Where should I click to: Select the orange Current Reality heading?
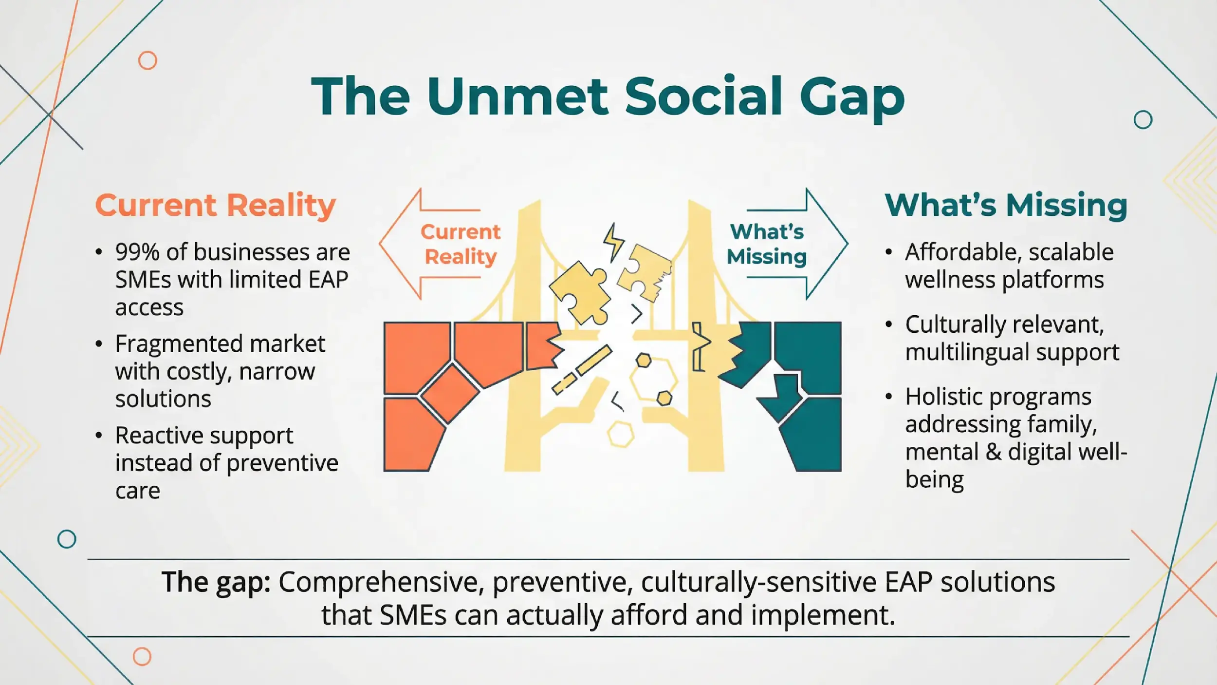pyautogui.click(x=215, y=205)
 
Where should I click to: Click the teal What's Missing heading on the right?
pyautogui.click(x=1006, y=205)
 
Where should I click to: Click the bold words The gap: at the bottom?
pyautogui.click(x=216, y=582)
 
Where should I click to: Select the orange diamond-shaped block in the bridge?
pyautogui.click(x=450, y=394)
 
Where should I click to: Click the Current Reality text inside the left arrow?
pyautogui.click(x=460, y=244)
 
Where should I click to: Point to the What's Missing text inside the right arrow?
pyautogui.click(x=767, y=244)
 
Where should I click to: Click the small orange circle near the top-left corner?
pyautogui.click(x=148, y=60)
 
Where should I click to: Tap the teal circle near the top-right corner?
pyautogui.click(x=1143, y=119)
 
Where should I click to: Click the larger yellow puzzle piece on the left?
pyautogui.click(x=580, y=292)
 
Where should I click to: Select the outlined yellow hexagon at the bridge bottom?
pyautogui.click(x=621, y=434)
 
